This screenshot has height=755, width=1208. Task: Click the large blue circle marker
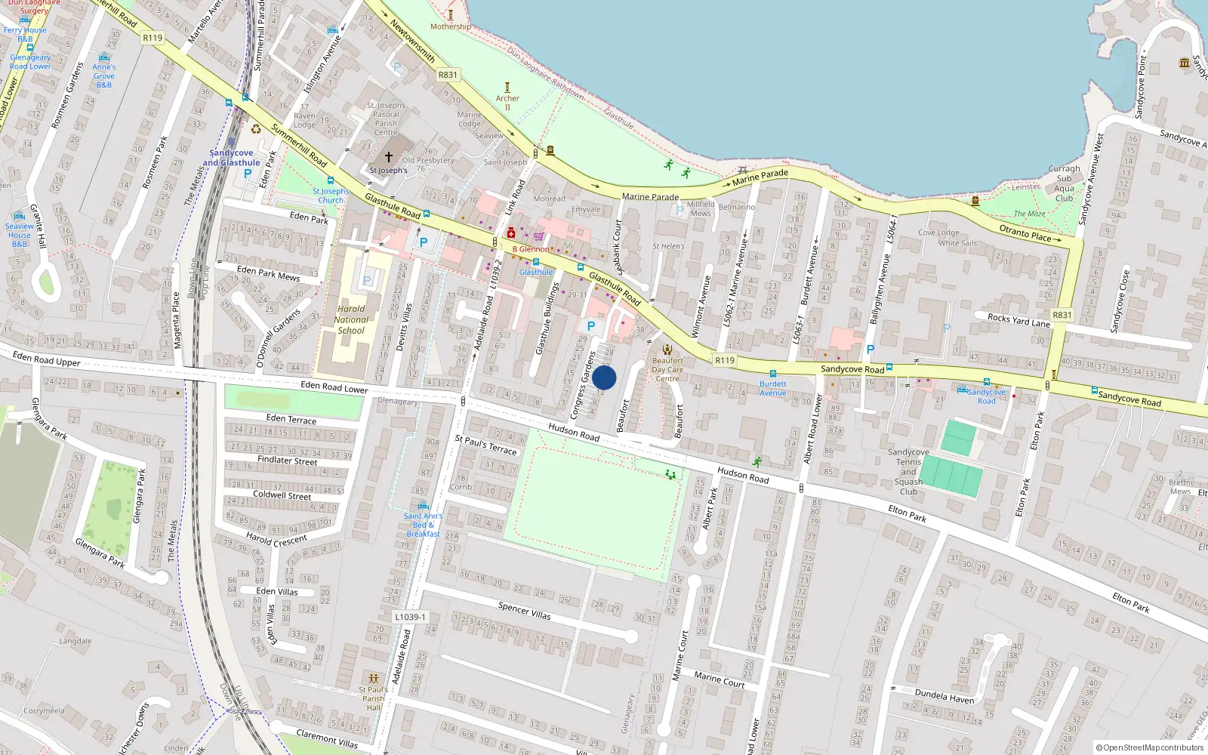point(604,377)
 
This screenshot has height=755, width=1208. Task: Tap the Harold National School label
point(351,319)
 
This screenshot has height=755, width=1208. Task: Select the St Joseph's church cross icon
point(389,157)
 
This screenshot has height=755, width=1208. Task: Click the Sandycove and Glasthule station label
point(231,158)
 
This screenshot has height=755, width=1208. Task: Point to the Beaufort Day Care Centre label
point(667,369)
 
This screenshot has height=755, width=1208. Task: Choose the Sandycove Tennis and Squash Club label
point(908,472)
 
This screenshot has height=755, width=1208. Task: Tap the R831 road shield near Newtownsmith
point(448,75)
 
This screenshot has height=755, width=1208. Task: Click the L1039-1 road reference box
point(410,617)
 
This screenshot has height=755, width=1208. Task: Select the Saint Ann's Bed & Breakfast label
point(423,525)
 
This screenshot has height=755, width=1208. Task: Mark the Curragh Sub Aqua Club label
point(1064,183)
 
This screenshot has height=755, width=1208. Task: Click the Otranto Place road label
point(1025,233)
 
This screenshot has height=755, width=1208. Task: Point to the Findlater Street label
point(287,460)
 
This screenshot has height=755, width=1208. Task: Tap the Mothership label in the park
point(450,26)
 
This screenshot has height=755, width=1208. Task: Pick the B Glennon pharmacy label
point(531,249)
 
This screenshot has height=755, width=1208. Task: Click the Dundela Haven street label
point(944,695)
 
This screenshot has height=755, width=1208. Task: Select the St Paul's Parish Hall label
point(374,698)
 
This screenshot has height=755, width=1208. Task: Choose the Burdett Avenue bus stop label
point(772,388)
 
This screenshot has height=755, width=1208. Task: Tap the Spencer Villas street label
point(524,611)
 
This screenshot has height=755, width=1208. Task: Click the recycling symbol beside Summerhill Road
point(256,129)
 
